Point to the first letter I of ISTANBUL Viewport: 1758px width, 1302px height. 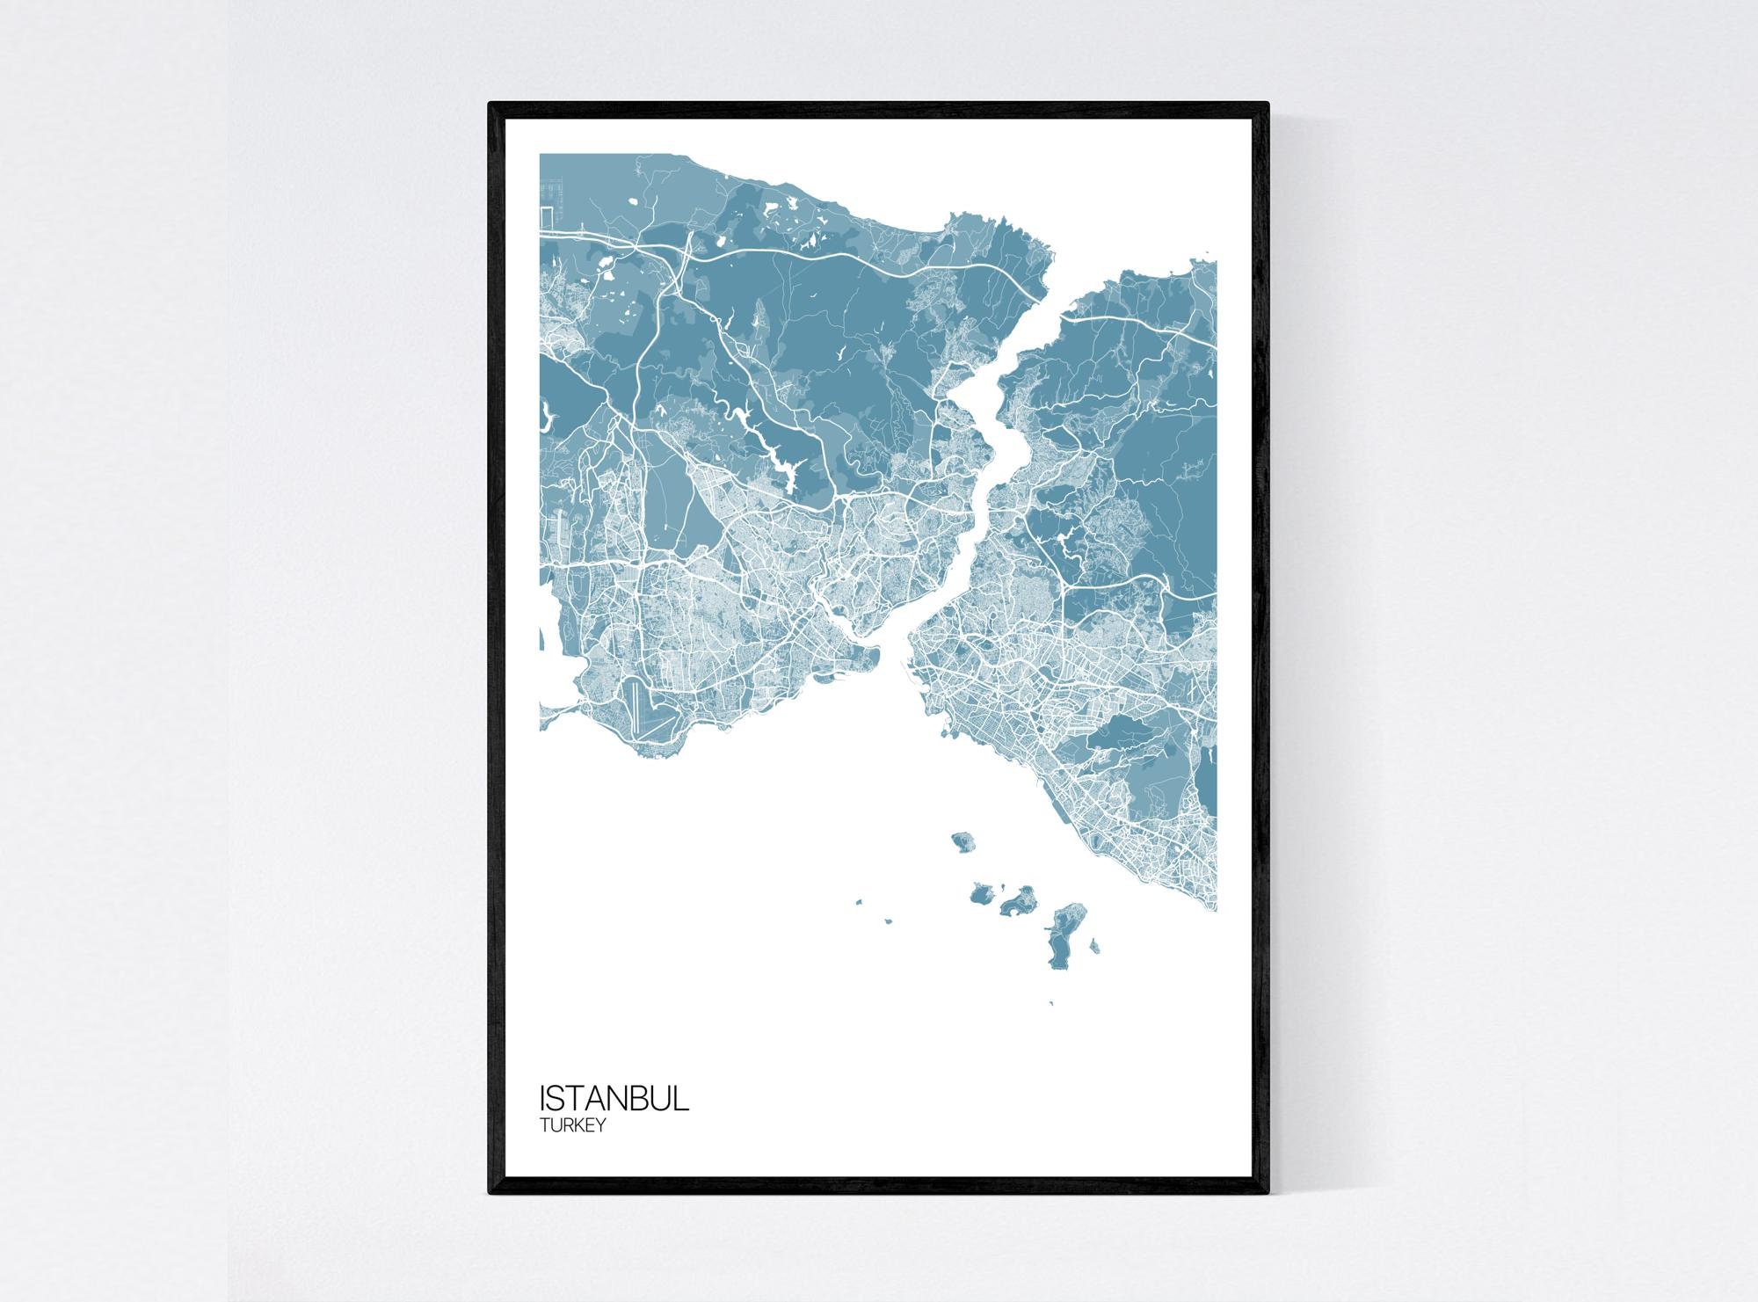click(542, 1099)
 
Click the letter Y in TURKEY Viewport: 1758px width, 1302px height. click(599, 1124)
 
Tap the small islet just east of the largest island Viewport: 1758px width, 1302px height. click(1094, 946)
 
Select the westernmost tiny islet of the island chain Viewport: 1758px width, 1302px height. click(859, 900)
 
